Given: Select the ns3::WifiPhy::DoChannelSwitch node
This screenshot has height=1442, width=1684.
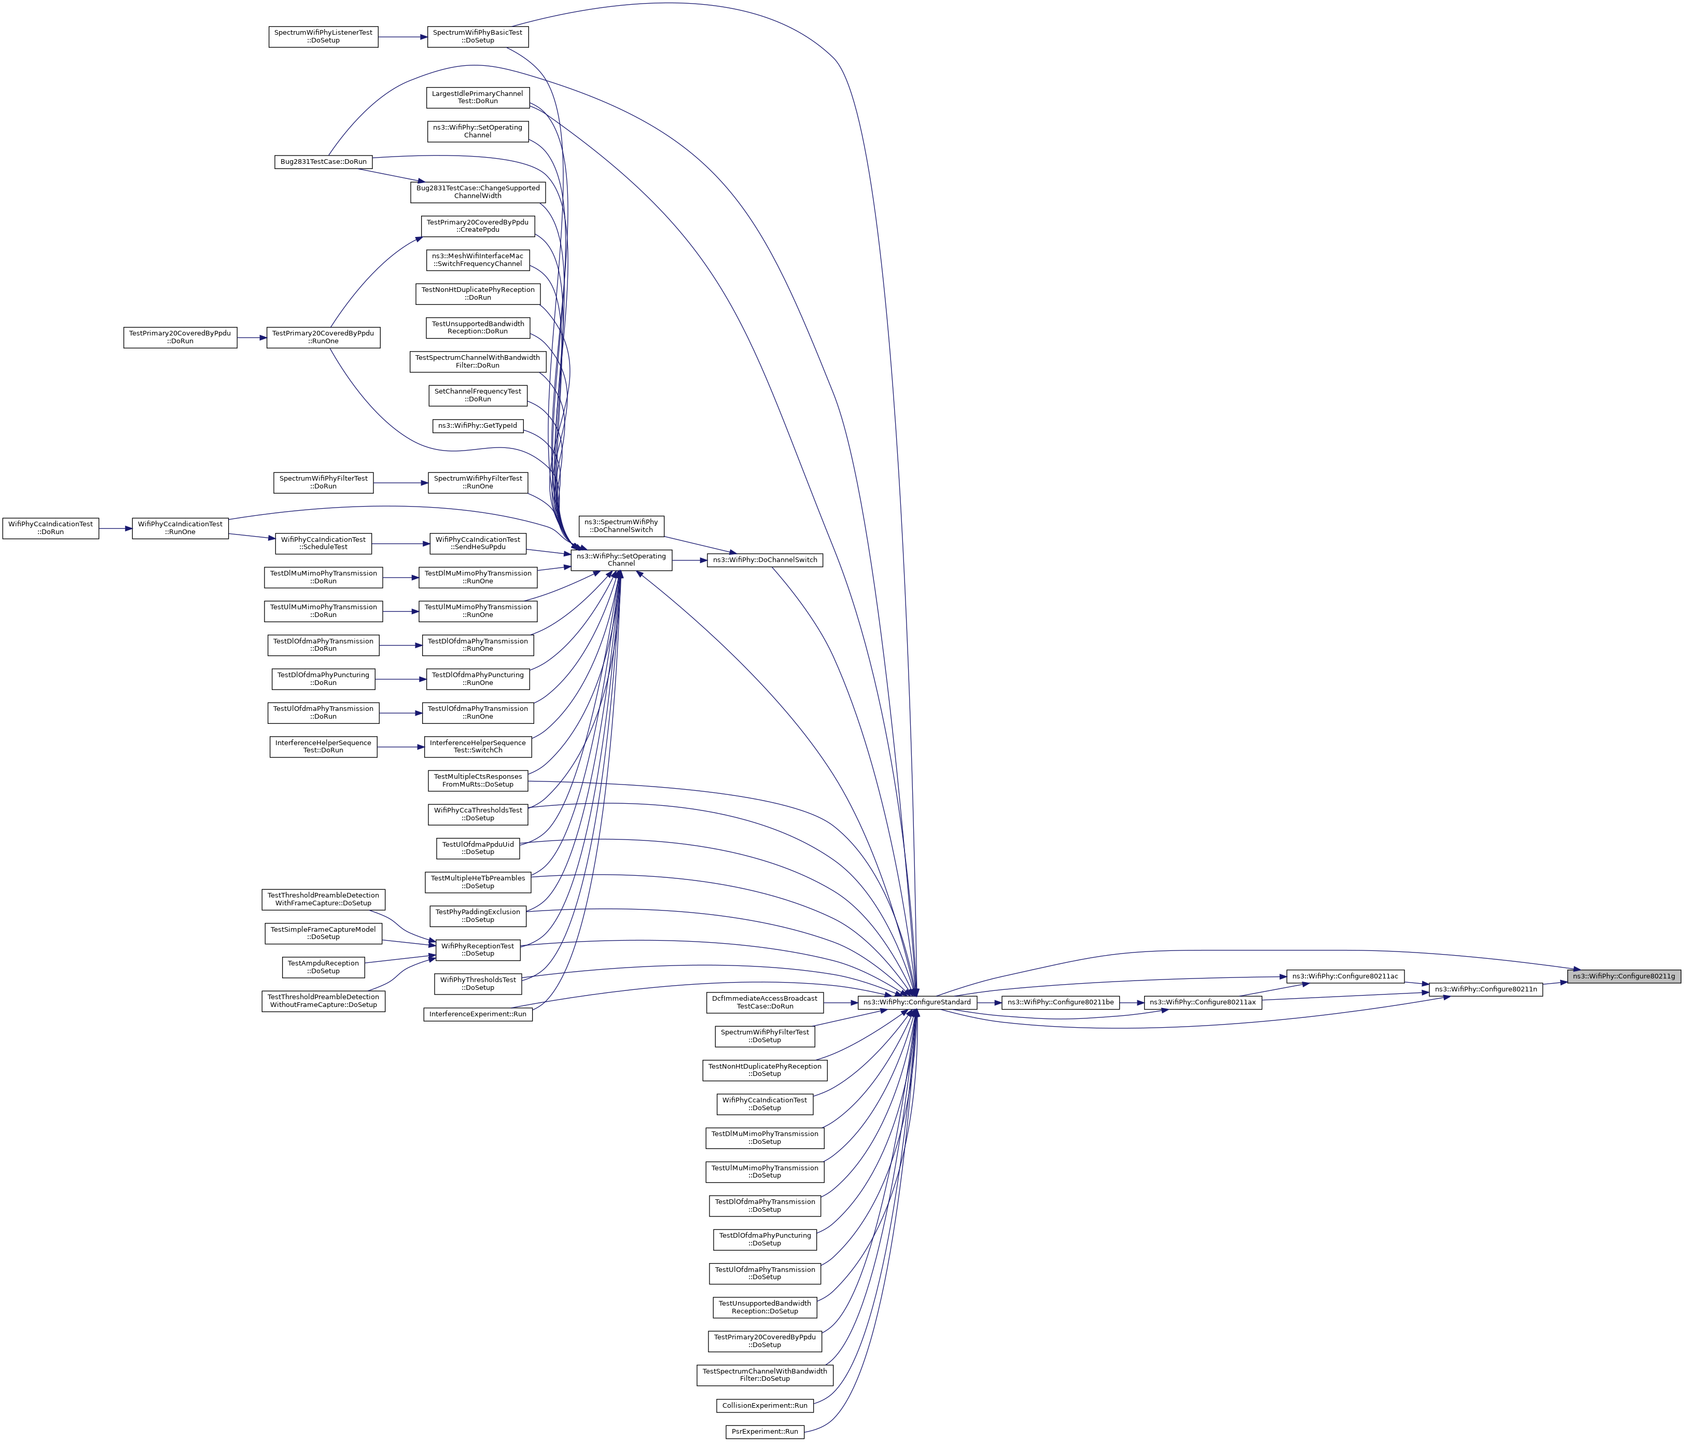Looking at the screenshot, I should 765,559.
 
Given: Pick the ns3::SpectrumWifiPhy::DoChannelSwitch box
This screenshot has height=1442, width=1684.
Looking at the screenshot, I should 621,526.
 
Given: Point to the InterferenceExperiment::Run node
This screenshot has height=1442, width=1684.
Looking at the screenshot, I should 478,1014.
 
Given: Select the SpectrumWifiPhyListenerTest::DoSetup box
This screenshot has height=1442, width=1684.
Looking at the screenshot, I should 324,37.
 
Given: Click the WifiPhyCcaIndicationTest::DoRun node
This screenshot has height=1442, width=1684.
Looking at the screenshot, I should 50,528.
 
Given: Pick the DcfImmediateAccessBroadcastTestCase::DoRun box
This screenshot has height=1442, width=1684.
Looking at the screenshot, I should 765,1002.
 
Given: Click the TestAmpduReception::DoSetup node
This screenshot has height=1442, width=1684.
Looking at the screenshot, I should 324,967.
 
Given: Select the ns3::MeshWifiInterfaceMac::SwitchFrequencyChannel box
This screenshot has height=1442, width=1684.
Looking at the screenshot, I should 478,260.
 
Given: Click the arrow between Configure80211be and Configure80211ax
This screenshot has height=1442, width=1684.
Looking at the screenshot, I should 1131,1002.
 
